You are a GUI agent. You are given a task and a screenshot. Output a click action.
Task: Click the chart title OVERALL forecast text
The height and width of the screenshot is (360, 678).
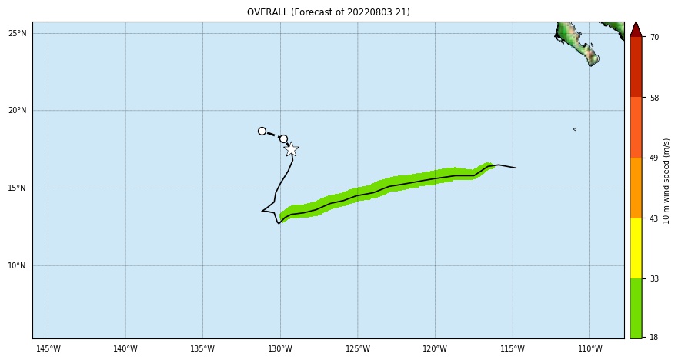[x=328, y=12]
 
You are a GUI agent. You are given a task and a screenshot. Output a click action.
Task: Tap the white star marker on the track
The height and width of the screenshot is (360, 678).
[x=291, y=149]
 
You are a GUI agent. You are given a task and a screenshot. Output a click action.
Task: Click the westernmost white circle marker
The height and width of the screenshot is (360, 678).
[x=262, y=132]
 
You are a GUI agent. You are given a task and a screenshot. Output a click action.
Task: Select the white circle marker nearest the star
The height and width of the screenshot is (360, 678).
[x=283, y=139]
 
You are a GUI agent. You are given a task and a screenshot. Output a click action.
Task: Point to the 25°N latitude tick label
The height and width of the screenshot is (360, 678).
[x=18, y=34]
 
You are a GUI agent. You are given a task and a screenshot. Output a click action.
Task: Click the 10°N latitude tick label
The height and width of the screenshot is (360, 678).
[x=18, y=266]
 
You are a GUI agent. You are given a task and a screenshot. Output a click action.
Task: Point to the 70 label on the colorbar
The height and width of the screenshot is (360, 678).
[x=654, y=37]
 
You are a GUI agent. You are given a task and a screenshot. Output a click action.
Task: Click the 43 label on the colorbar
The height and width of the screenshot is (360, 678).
[x=654, y=218]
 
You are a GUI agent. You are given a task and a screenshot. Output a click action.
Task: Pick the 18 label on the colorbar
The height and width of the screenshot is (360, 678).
[x=654, y=337]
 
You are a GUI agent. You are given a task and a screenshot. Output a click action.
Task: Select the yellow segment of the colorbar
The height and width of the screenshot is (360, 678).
[x=636, y=248]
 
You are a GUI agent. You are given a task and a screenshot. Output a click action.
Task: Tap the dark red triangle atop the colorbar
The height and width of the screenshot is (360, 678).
[x=636, y=30]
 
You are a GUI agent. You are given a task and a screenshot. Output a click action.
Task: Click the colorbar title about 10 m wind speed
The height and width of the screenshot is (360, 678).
[x=666, y=181]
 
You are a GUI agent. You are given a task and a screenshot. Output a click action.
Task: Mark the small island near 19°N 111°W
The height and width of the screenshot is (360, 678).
[x=575, y=129]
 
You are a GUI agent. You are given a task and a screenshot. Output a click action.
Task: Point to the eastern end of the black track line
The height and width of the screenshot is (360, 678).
[x=516, y=168]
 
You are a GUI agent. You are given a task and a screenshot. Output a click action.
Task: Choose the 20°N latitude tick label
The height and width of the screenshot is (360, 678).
[x=18, y=111]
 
